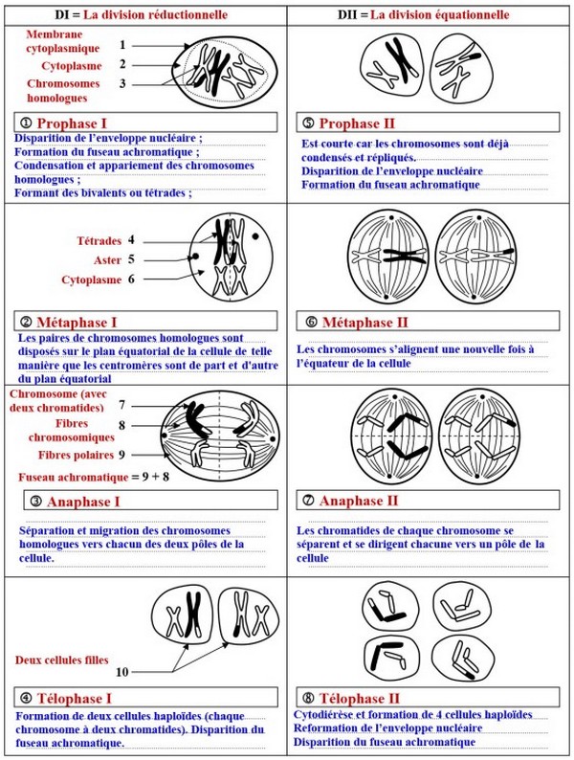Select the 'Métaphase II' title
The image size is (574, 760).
click(x=364, y=323)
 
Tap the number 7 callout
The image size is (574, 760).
click(x=121, y=406)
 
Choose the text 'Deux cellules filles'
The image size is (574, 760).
click(x=61, y=659)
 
